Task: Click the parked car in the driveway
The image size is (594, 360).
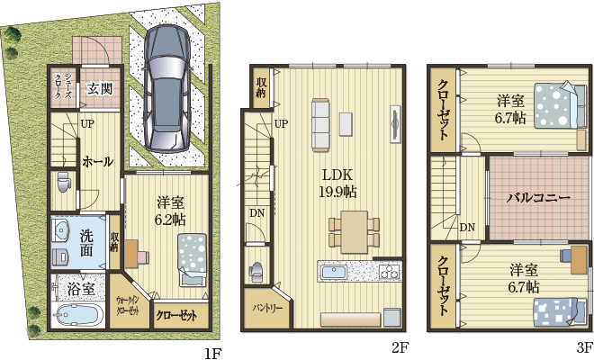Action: [166, 89]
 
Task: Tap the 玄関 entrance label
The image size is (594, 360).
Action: [100, 89]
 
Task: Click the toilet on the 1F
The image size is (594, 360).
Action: [63, 182]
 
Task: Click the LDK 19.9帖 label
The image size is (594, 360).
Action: [337, 183]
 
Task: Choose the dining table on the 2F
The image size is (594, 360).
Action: [355, 232]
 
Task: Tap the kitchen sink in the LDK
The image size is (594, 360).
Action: [334, 272]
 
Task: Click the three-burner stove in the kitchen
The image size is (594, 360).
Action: [390, 272]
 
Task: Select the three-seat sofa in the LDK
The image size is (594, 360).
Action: [320, 125]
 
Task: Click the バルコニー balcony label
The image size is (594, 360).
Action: [539, 197]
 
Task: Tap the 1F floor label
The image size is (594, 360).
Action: [213, 353]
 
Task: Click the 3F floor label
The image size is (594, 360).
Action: [585, 346]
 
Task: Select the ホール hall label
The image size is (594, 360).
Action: [98, 162]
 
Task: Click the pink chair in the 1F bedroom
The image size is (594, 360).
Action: [143, 257]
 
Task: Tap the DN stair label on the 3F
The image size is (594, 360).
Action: [467, 227]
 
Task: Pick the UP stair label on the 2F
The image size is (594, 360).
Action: [281, 123]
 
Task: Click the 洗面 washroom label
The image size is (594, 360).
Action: [86, 243]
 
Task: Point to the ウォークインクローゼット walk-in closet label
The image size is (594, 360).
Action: [128, 306]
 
